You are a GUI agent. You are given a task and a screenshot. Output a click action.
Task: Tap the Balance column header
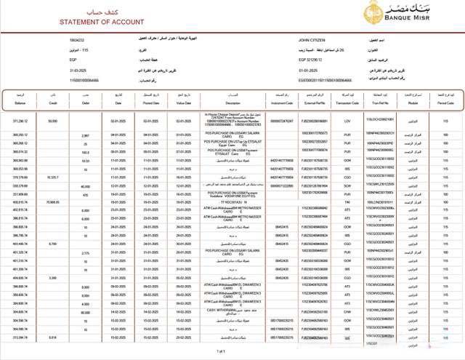click(x=20, y=103)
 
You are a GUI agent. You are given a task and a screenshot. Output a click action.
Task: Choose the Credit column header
click(x=52, y=103)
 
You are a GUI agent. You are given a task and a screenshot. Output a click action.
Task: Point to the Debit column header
click(x=85, y=103)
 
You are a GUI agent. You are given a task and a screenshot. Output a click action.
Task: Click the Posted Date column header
click(x=150, y=103)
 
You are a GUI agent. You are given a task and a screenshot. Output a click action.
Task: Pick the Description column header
click(x=232, y=103)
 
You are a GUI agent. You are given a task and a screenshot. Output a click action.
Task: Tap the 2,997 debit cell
click(x=85, y=135)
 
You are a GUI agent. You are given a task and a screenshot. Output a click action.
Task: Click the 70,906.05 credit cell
click(x=52, y=201)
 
